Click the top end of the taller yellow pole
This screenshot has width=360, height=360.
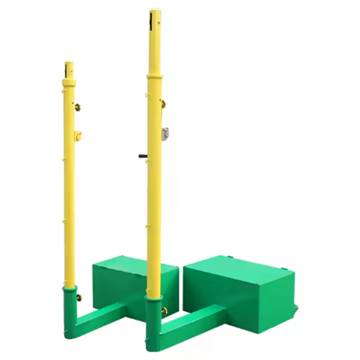click(154, 12)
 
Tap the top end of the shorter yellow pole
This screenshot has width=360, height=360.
click(69, 63)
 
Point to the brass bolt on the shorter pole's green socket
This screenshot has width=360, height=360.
click(80, 295)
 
